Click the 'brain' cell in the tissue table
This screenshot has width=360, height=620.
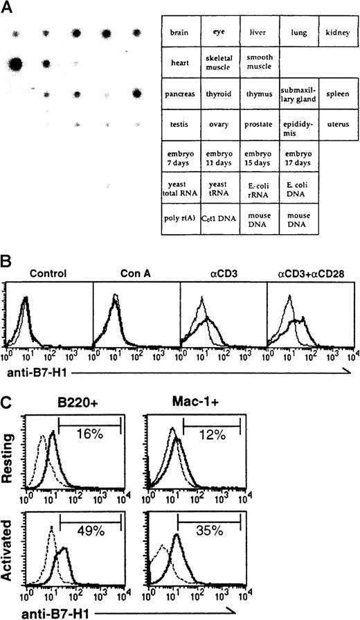[179, 32]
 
